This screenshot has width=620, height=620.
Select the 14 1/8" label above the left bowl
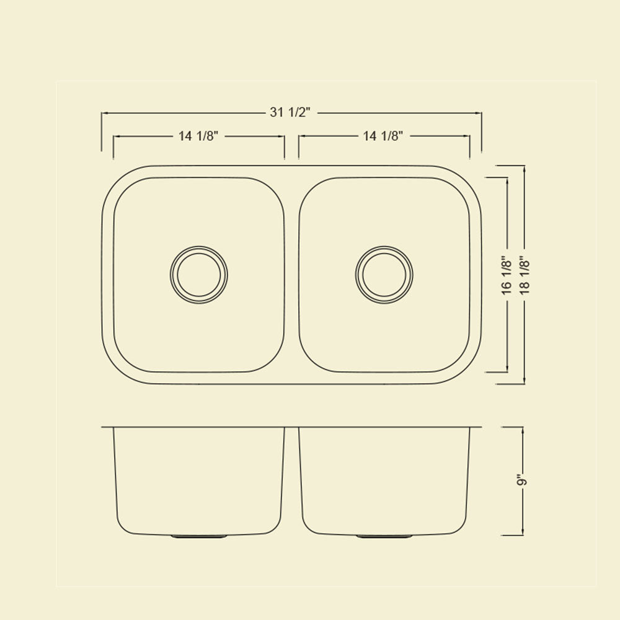click(x=198, y=136)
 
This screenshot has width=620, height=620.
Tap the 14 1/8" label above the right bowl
click(x=383, y=136)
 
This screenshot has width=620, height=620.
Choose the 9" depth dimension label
click(x=523, y=482)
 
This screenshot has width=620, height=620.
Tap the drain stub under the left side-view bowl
click(x=199, y=536)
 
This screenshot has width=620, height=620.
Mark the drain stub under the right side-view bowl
click(x=384, y=536)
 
